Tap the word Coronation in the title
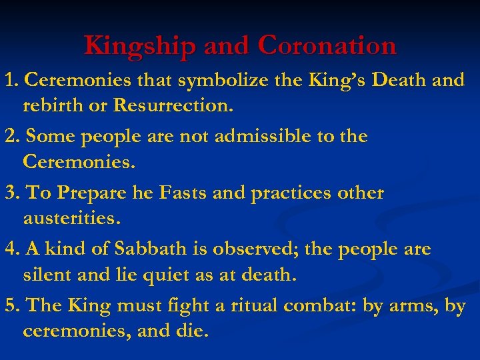click(327, 45)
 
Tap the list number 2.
click(10, 137)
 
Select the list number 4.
click(10, 249)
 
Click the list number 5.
click(10, 306)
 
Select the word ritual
click(253, 306)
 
